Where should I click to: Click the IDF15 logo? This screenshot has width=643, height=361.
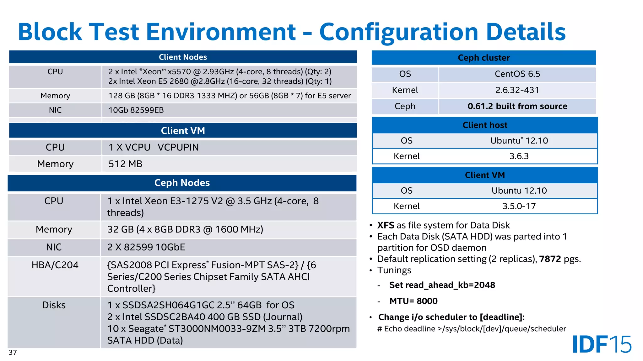click(x=602, y=344)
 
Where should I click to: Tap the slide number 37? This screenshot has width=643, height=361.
click(x=13, y=352)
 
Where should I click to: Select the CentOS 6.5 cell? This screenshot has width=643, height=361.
click(x=517, y=74)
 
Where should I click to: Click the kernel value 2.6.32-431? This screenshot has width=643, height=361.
click(x=517, y=90)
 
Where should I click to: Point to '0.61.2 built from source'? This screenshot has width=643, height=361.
click(x=517, y=106)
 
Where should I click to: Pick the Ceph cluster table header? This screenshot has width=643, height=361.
click(x=484, y=58)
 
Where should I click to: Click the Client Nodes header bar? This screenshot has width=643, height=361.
click(x=183, y=57)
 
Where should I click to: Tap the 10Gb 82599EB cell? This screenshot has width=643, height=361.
click(x=136, y=110)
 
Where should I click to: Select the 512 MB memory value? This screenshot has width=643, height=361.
click(x=125, y=164)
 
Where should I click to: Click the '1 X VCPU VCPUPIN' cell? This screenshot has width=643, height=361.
click(x=154, y=147)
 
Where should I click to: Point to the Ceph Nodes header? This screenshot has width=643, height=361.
click(x=182, y=183)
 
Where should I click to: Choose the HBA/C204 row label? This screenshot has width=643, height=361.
click(x=55, y=265)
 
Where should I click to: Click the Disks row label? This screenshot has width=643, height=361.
click(x=54, y=305)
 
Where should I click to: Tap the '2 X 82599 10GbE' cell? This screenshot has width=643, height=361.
click(x=146, y=247)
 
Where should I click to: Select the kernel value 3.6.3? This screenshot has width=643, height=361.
click(x=519, y=156)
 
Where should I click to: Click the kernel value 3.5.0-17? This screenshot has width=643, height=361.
click(x=519, y=206)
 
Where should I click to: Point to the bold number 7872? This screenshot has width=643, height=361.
click(x=550, y=259)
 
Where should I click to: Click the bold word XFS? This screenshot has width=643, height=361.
click(x=386, y=225)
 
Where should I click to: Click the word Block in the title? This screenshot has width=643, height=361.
click(x=50, y=32)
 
